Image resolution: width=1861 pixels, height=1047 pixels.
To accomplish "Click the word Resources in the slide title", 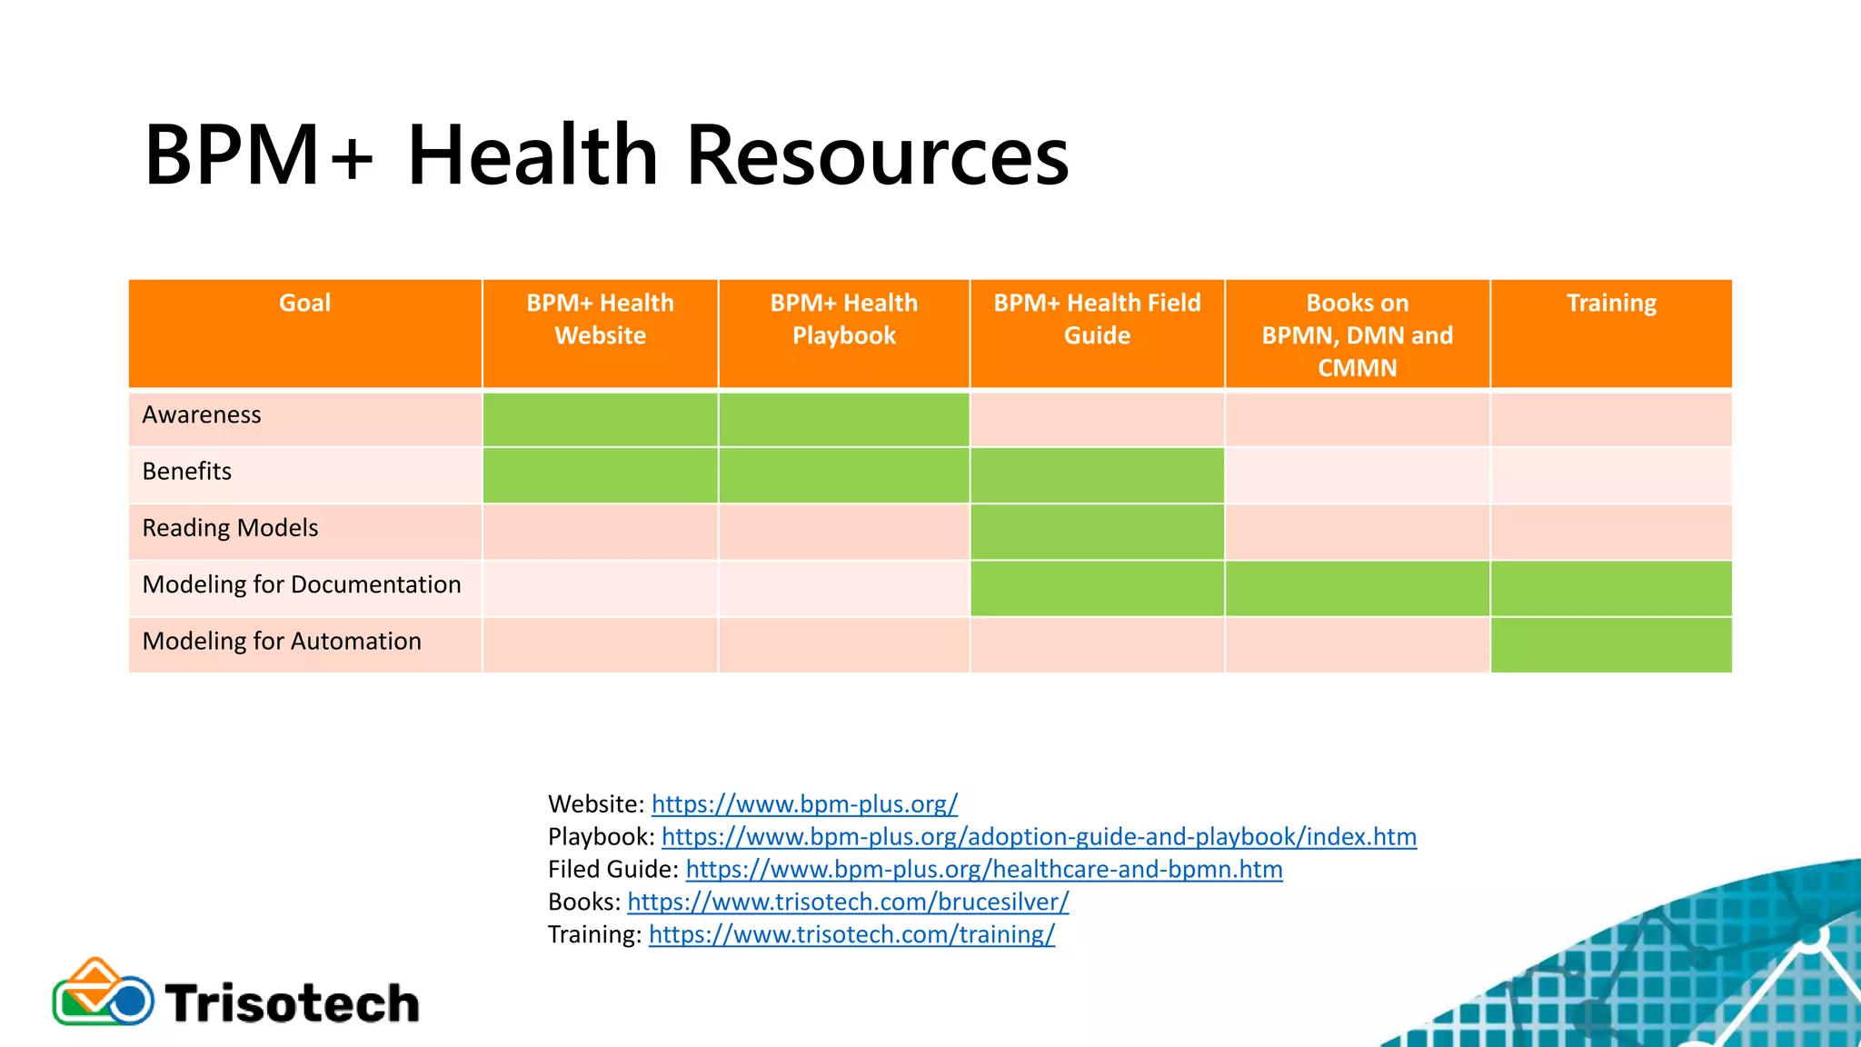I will coord(877,156).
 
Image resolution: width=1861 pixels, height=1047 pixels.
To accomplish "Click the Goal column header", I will coord(304,304).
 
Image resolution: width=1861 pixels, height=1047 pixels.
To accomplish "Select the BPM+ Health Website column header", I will coord(600,319).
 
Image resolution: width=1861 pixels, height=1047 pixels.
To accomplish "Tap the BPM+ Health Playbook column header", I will coord(843,319).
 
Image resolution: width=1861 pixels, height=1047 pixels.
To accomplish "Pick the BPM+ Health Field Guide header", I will coord(1097,319).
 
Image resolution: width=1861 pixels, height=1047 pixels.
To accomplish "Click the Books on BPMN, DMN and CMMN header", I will coord(1357,334).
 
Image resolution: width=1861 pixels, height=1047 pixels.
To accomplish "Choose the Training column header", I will coord(1611,304).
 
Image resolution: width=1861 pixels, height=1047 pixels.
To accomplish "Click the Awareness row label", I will coord(202,415).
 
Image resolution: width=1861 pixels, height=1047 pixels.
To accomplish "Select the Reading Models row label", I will coord(230,528).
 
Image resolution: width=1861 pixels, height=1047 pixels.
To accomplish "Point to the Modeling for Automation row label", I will coord(282,642).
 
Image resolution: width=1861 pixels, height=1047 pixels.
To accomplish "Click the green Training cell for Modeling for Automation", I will coord(1611,645).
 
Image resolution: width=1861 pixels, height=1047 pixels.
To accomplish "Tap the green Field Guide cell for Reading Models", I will coord(1097,533).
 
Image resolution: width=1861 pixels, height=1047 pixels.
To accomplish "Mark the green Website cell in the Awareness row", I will coord(600,419).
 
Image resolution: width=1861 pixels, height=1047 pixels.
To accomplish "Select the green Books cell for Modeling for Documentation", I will coord(1357,589).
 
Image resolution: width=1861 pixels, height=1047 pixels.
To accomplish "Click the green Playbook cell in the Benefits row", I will coord(843,475).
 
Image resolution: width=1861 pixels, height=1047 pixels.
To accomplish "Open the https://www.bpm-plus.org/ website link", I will coord(804,804).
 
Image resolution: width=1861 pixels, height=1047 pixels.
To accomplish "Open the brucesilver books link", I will coord(848,902).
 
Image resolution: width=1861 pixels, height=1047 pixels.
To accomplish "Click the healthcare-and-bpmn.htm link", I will coord(984,870).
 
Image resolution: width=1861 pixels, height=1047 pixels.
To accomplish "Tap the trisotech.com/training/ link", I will coord(851,935).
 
